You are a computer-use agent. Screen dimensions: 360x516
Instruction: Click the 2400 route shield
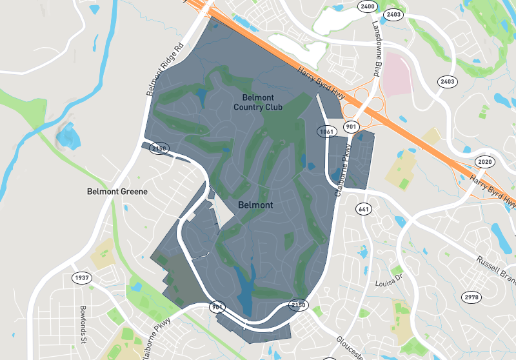point(368,6)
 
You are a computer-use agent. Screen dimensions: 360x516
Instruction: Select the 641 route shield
point(363,208)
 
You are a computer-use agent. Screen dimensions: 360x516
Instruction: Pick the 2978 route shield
point(471,297)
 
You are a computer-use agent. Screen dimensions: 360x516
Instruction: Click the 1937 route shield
point(81,277)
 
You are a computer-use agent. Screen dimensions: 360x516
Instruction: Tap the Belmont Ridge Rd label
point(165,70)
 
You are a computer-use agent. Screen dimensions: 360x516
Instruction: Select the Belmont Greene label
point(117,192)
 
